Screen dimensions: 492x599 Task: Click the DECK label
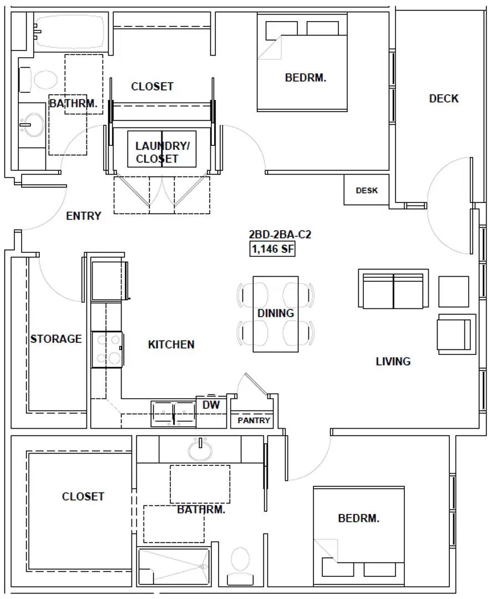tap(444, 99)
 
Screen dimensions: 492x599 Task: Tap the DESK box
tap(366, 190)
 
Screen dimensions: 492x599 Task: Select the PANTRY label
tap(253, 420)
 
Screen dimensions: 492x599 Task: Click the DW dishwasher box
tap(211, 412)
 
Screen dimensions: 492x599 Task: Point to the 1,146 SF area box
tap(272, 249)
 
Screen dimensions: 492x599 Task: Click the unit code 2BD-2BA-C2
tap(280, 234)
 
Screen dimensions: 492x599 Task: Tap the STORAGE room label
tap(56, 339)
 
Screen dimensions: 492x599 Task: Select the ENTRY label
tap(84, 216)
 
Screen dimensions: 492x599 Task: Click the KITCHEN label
tap(171, 344)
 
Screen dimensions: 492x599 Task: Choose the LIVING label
tap(393, 362)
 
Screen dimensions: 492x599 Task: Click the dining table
tap(276, 314)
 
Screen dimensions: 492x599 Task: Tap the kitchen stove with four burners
tap(107, 349)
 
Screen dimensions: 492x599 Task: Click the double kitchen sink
tap(174, 414)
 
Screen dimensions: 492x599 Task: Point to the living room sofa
tap(393, 288)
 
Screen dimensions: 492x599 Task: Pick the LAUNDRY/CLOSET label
tap(163, 152)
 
